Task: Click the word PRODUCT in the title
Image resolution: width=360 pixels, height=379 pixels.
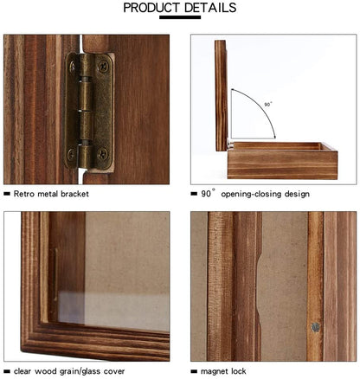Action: [151, 8]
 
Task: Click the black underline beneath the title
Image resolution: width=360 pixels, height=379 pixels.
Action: [180, 17]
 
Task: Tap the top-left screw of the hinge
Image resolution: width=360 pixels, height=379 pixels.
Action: [72, 66]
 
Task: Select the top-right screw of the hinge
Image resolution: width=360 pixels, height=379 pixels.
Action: [104, 66]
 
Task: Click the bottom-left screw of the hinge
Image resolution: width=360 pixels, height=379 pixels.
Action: [71, 154]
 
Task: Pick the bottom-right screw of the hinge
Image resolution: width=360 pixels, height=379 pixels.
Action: [103, 154]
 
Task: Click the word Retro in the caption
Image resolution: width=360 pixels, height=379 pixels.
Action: [24, 194]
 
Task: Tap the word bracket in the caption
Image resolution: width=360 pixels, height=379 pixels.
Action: [74, 194]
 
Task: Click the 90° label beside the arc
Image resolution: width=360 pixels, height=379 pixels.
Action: [268, 104]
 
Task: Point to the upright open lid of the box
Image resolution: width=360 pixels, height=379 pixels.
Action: [222, 95]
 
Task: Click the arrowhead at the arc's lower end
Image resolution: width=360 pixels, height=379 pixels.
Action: [274, 137]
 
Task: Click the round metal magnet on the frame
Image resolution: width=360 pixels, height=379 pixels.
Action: [315, 327]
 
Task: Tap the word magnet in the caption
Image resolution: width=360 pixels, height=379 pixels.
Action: [213, 371]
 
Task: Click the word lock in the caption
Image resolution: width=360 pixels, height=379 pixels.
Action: [236, 371]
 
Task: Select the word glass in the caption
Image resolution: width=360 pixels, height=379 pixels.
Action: [93, 371]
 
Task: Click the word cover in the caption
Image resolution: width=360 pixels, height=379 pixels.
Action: [114, 371]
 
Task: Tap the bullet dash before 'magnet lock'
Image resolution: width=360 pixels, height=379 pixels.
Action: [194, 371]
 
